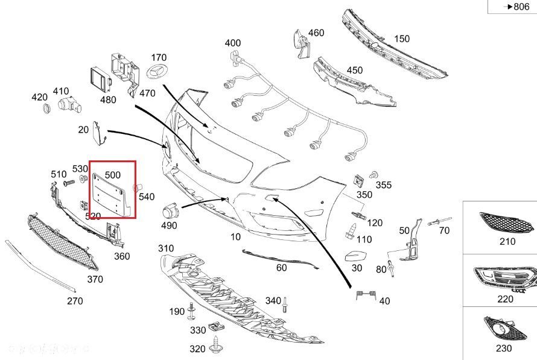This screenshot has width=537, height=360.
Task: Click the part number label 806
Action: [x=521, y=7]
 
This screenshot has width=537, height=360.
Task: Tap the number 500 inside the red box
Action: [x=112, y=174]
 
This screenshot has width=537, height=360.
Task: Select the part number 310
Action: [x=166, y=248]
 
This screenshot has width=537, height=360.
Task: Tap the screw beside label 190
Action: [x=192, y=311]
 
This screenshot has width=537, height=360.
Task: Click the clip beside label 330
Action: [x=215, y=328]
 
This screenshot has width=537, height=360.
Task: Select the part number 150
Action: [x=402, y=39]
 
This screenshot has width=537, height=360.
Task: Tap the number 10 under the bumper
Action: [x=235, y=237]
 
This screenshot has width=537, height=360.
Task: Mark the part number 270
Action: [x=75, y=301]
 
